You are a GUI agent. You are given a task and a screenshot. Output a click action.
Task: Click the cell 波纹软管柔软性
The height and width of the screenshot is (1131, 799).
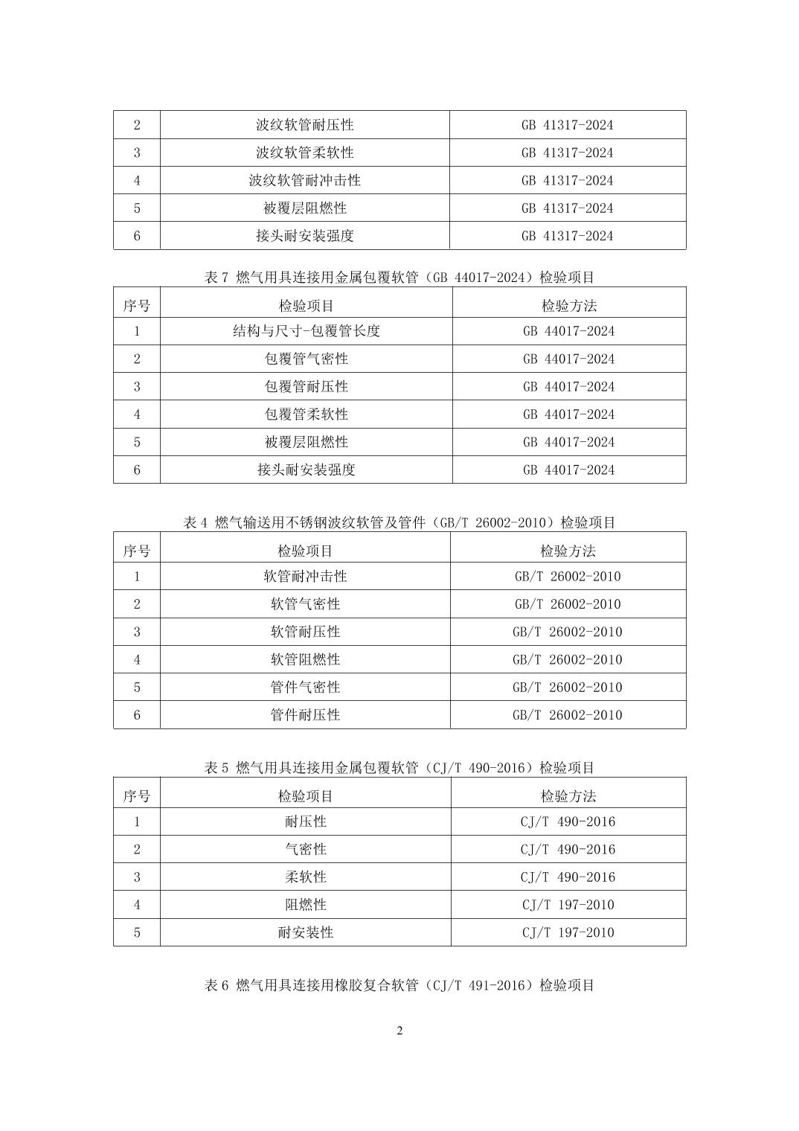[304, 153]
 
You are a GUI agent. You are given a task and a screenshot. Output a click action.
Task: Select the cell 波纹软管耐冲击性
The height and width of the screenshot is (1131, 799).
[304, 180]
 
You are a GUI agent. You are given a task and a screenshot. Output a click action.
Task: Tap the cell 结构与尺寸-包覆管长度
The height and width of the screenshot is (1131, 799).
[306, 331]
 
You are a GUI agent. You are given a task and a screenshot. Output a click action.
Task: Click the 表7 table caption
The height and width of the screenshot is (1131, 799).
[399, 278]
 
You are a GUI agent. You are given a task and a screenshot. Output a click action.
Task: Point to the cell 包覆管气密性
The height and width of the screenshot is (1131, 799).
[306, 359]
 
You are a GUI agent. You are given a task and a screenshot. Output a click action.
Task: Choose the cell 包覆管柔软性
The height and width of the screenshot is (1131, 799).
[306, 414]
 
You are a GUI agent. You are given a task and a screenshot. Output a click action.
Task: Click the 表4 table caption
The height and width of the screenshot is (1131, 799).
[399, 522]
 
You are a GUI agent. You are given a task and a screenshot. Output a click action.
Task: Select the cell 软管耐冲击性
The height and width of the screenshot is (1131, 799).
[305, 576]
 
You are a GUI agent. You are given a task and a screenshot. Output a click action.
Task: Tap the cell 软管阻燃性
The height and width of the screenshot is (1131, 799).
[305, 659]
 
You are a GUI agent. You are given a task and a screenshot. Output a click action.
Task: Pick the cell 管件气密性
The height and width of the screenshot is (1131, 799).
[305, 687]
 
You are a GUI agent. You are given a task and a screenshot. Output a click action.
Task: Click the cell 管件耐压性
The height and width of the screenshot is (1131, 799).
[305, 715]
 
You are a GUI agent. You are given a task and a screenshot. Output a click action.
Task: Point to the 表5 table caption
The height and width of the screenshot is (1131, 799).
[399, 768]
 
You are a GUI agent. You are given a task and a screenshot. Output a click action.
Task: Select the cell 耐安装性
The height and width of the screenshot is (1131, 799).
[305, 932]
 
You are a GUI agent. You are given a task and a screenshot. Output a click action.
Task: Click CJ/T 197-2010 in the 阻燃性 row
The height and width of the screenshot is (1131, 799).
[568, 905]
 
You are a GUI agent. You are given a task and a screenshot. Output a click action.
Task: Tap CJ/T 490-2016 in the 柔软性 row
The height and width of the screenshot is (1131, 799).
[568, 877]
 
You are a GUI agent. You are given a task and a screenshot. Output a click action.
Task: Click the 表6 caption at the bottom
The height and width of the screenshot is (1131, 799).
[399, 985]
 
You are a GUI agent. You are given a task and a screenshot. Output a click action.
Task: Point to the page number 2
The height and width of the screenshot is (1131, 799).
[399, 1031]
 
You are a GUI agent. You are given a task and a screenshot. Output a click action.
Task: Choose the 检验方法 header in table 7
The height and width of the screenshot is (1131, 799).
[568, 305]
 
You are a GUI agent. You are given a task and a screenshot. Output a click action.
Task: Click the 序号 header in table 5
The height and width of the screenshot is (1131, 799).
[136, 796]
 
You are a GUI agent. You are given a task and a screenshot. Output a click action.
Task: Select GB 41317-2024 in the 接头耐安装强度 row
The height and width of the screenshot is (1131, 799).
[567, 236]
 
